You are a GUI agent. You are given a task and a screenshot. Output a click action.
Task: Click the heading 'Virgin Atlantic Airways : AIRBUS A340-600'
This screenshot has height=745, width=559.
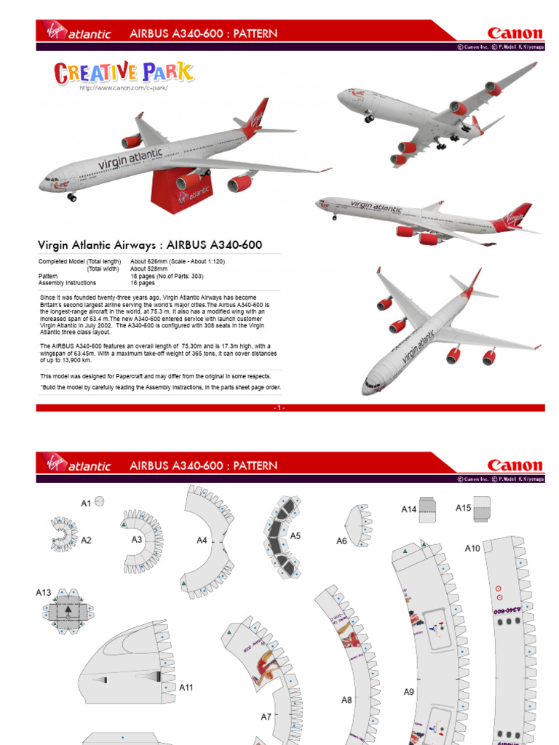tap(149, 245)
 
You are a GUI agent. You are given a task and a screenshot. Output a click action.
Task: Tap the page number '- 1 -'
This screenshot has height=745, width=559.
tap(279, 408)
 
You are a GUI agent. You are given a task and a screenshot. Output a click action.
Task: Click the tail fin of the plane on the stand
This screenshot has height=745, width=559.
tap(256, 116)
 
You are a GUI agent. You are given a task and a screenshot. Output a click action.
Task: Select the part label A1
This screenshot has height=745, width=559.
tap(86, 503)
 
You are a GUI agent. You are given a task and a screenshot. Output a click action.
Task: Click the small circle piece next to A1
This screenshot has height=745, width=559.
tap(100, 502)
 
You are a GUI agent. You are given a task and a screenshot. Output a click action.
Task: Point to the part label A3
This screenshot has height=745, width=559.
tap(137, 539)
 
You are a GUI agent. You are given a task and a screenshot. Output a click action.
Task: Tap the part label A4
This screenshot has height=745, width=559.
tap(202, 540)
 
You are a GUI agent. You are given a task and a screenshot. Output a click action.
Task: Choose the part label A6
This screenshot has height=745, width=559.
tap(341, 541)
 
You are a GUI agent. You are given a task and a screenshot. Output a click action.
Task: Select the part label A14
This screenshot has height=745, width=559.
tap(408, 509)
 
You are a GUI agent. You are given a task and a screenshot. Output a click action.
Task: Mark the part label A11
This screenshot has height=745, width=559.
tap(186, 687)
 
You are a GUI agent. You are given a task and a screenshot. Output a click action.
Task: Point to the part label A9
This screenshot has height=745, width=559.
tap(408, 692)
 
